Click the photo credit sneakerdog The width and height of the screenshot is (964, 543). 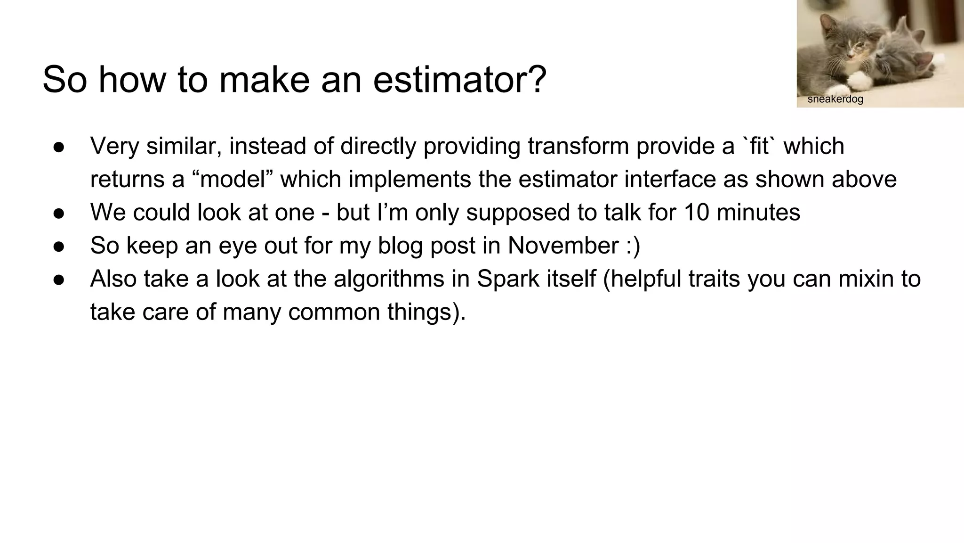[835, 99]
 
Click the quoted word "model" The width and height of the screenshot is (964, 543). [233, 180]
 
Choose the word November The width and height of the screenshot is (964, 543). [563, 246]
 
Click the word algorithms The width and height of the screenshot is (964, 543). [389, 279]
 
